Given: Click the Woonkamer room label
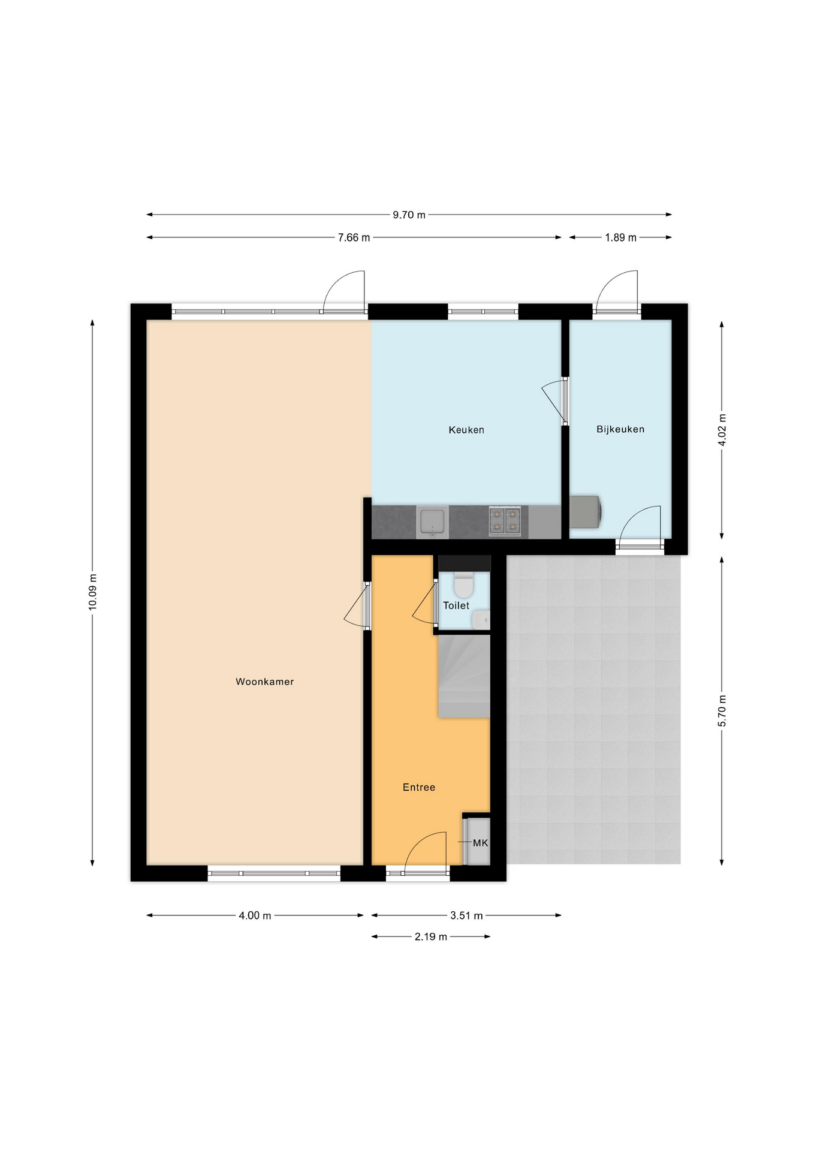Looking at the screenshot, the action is [x=264, y=682].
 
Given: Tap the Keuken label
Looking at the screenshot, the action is [x=466, y=430].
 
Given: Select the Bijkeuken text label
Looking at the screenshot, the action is [x=620, y=429].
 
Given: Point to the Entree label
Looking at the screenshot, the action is [x=419, y=787].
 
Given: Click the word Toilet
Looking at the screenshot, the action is [x=456, y=605].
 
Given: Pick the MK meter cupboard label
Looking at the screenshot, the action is [x=481, y=843].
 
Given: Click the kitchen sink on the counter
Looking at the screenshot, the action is [x=432, y=522].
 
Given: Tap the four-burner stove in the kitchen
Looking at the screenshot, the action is [x=505, y=520].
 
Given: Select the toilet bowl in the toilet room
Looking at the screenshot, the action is [x=464, y=583].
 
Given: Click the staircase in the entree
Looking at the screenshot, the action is [x=465, y=676].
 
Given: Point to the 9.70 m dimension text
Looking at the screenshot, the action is [x=409, y=215].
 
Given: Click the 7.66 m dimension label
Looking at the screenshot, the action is [x=354, y=237].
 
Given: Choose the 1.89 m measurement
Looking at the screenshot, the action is [x=620, y=237].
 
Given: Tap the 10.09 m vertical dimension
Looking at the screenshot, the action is [x=92, y=592].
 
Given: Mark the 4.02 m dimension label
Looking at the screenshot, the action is [x=722, y=430].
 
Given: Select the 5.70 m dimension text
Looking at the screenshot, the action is [x=722, y=711].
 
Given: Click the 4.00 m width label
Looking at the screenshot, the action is [x=255, y=915].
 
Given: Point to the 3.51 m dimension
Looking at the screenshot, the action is [x=466, y=915].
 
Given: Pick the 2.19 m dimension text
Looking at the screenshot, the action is [x=431, y=936].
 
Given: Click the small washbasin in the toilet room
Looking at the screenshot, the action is [x=481, y=620].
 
